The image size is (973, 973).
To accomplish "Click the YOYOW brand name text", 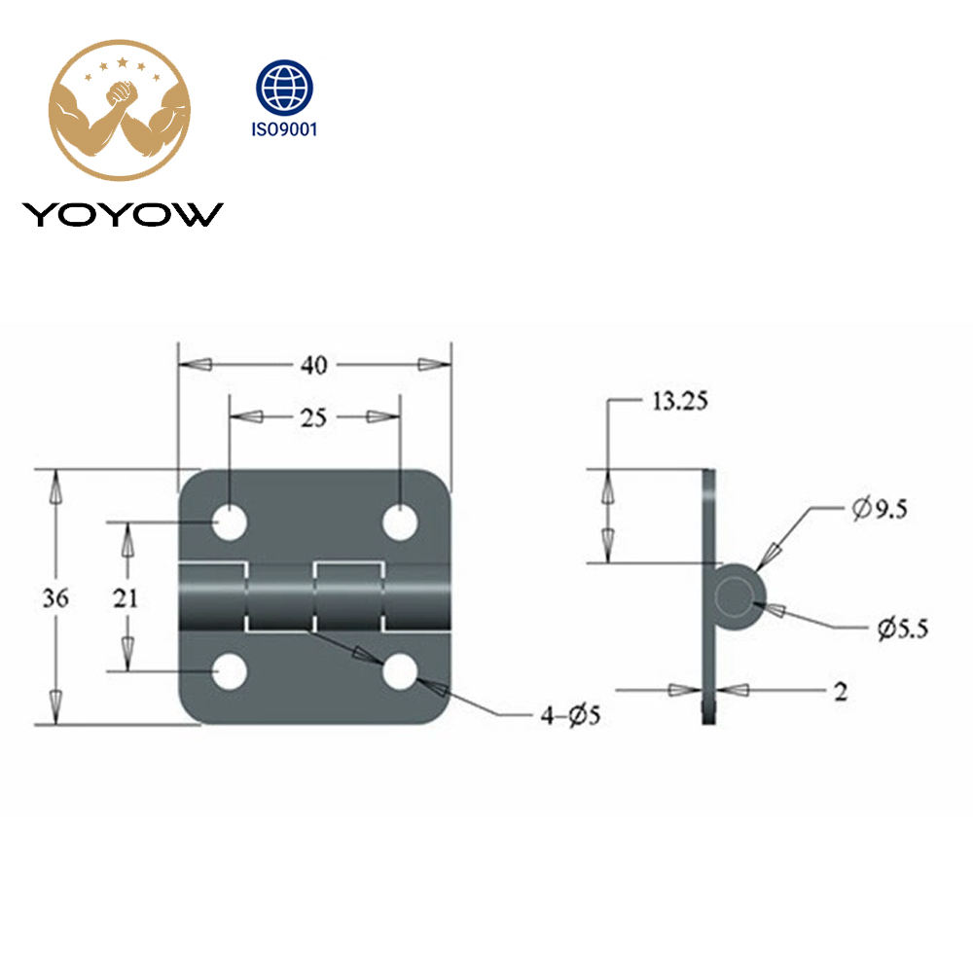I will click(123, 214).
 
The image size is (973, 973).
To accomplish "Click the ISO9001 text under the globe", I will click(284, 129).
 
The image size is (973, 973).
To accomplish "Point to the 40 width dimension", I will click(313, 365).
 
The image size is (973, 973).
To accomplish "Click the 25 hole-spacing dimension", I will click(313, 417).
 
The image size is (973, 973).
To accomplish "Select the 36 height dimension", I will click(55, 597).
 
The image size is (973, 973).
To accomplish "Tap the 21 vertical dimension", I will click(126, 597).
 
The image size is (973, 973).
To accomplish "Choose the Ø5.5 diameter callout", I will click(901, 629).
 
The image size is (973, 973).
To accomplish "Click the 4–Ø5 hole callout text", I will click(570, 717).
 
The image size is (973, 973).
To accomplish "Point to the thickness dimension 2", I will click(840, 691).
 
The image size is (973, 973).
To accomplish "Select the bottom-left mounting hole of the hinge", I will click(231, 671).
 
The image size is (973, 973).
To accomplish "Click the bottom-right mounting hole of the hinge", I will click(400, 671).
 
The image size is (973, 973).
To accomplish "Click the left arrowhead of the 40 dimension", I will click(195, 365).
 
